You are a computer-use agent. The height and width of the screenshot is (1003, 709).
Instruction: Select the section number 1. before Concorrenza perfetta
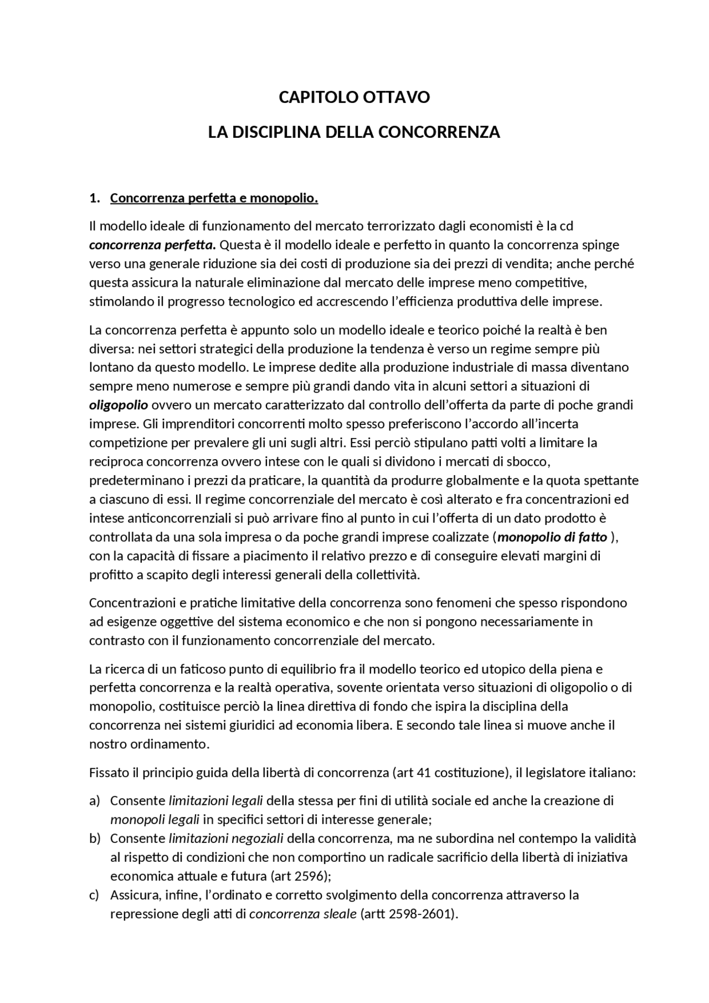pos(94,198)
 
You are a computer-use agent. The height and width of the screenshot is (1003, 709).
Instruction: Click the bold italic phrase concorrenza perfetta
pos(152,245)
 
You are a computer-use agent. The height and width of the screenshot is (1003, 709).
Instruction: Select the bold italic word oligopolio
pos(118,405)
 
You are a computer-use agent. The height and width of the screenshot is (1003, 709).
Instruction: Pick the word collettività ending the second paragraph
pos(389,575)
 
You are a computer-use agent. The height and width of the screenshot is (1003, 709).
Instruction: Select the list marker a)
pos(94,801)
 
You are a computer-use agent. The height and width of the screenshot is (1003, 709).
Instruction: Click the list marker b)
pos(94,839)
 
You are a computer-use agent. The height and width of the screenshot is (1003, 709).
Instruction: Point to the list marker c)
pos(94,895)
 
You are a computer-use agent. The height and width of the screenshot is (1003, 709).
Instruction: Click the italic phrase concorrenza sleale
pos(303,914)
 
